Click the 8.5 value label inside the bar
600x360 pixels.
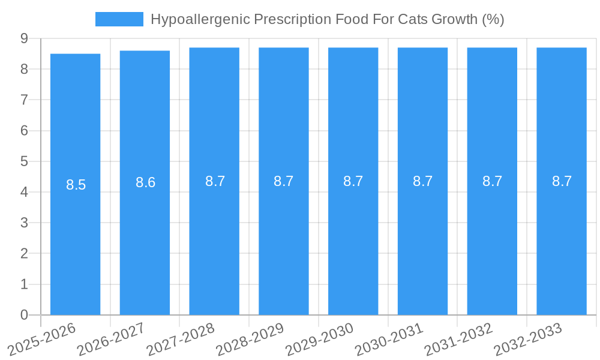point(76,185)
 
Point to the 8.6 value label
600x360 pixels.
point(145,183)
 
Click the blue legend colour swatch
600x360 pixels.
point(119,19)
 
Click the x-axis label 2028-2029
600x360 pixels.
point(250,339)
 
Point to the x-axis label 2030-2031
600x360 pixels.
point(389,339)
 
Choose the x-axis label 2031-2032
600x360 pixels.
point(458,339)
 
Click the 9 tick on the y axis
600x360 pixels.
point(24,38)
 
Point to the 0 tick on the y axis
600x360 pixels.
point(24,315)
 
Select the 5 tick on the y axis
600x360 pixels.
point(24,161)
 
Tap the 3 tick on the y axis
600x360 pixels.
point(24,223)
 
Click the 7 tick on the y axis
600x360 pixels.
point(24,100)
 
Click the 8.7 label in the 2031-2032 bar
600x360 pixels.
point(492,181)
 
